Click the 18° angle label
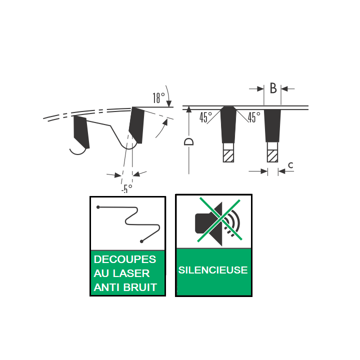click(x=159, y=98)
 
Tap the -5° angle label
click(x=127, y=188)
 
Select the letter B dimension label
click(x=273, y=88)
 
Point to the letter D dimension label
click(x=189, y=141)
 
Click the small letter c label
click(x=290, y=165)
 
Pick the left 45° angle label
click(x=205, y=117)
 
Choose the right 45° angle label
click(x=254, y=117)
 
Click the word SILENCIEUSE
click(x=213, y=270)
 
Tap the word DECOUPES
click(x=125, y=259)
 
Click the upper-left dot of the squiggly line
click(x=98, y=207)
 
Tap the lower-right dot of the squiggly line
click(x=141, y=241)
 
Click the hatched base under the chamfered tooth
click(x=228, y=156)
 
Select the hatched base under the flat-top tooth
click(x=272, y=156)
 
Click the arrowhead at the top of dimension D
click(x=189, y=109)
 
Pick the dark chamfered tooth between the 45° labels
click(x=228, y=124)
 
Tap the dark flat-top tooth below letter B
click(x=272, y=125)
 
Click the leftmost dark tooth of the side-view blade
click(x=81, y=131)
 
